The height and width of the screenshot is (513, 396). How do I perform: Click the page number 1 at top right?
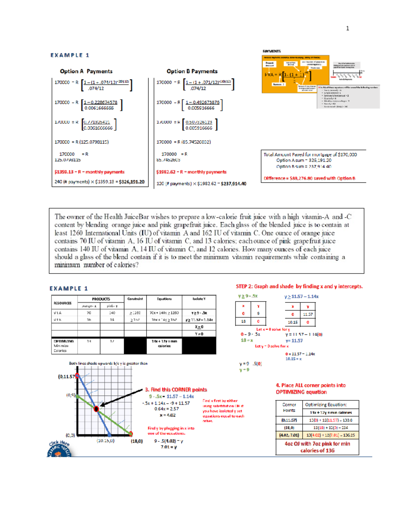pyautogui.click(x=347, y=28)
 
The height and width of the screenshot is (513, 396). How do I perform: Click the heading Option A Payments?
pyautogui.click(x=86, y=71)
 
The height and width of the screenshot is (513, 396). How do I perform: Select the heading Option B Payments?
pyautogui.click(x=192, y=71)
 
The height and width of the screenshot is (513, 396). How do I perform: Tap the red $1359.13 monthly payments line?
pyautogui.click(x=89, y=172)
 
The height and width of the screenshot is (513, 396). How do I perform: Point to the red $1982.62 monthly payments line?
pyautogui.click(x=191, y=172)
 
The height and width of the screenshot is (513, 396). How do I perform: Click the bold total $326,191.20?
pyautogui.click(x=132, y=182)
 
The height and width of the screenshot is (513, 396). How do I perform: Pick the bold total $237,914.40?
pyautogui.click(x=233, y=184)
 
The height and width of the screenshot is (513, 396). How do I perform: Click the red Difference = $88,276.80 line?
pyautogui.click(x=309, y=178)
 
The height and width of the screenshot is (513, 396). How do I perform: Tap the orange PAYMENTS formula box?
pyautogui.click(x=295, y=74)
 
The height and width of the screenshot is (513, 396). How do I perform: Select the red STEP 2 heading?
pyautogui.click(x=299, y=286)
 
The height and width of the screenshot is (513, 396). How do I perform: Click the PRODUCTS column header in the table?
pyautogui.click(x=101, y=299)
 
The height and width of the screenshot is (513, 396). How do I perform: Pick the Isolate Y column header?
pyautogui.click(x=199, y=299)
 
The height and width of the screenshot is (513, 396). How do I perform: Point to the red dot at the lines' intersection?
pyautogui.click(x=96, y=409)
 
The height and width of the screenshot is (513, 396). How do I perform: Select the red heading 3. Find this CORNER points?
pyautogui.click(x=176, y=390)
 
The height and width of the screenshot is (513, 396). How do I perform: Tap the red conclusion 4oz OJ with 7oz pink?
pyautogui.click(x=317, y=447)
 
